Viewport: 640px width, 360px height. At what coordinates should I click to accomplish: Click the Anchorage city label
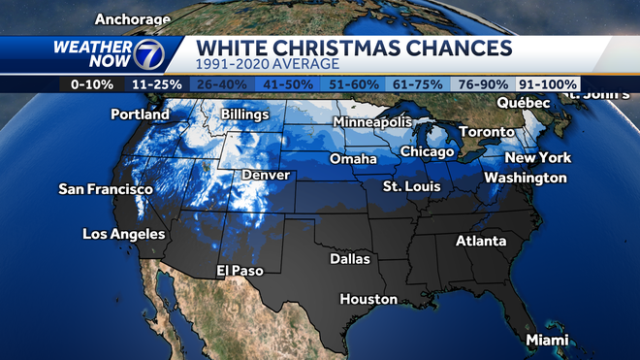(134, 18)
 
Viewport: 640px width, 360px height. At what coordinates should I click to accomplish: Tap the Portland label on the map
(140, 115)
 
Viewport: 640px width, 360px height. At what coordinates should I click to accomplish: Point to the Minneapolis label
(373, 122)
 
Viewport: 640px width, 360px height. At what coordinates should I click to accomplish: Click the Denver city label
(266, 175)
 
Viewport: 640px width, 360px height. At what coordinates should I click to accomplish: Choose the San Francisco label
(106, 189)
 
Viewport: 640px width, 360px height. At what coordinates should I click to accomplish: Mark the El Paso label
(236, 270)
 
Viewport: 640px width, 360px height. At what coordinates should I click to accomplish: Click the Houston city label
(368, 299)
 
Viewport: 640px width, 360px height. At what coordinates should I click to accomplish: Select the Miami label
(547, 340)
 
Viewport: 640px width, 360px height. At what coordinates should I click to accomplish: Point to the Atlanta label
(482, 241)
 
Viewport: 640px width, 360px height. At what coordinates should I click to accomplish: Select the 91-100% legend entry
(547, 84)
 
